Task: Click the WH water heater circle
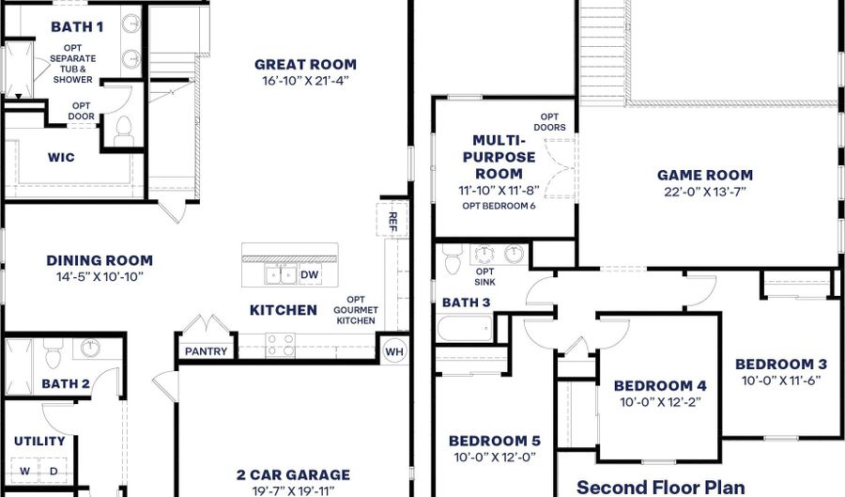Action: (394, 351)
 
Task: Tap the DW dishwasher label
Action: (309, 275)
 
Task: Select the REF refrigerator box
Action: (392, 220)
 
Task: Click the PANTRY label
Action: (206, 351)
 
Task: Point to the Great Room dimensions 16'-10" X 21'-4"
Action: (305, 81)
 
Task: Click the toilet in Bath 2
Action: (53, 353)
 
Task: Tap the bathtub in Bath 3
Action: (465, 328)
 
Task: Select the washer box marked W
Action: (24, 471)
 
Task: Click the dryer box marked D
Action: (54, 471)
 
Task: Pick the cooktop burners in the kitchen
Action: (280, 346)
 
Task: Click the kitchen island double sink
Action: (281, 274)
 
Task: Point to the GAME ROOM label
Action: (705, 175)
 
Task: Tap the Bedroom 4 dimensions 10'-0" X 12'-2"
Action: (660, 402)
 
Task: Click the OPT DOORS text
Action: (549, 122)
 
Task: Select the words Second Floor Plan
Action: (661, 488)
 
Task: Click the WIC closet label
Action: (61, 158)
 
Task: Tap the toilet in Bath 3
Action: (453, 259)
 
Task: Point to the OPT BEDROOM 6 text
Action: (499, 206)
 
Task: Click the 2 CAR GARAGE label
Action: (293, 474)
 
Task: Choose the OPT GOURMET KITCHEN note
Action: (356, 310)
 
